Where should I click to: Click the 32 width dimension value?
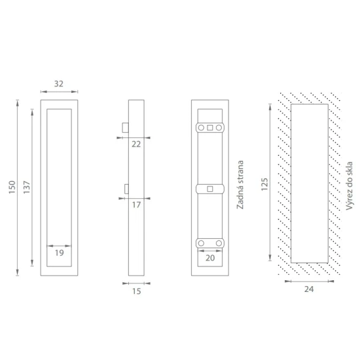tap(59, 84)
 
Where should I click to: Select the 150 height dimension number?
tap(12, 187)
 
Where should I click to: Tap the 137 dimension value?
tap(27, 187)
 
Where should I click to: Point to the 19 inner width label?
tap(59, 253)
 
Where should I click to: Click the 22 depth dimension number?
tap(136, 144)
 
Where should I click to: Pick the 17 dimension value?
tap(136, 205)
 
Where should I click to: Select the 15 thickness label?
tap(136, 291)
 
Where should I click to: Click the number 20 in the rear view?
tap(210, 258)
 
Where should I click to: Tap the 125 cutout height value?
tap(264, 184)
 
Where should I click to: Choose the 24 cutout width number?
tap(309, 289)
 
